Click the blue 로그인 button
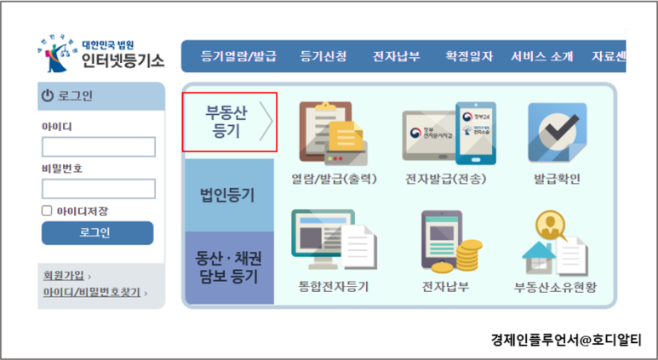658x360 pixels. click(x=97, y=233)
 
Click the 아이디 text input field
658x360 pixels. click(x=98, y=146)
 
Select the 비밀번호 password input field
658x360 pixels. click(x=98, y=189)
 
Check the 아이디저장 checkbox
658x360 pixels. click(x=48, y=210)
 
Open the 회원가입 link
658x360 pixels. click(x=64, y=275)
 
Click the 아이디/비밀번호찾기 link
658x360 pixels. click(x=92, y=292)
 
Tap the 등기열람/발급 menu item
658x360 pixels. click(x=238, y=56)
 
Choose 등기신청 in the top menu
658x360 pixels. click(x=323, y=56)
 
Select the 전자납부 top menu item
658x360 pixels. click(x=396, y=56)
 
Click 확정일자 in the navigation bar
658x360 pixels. click(x=469, y=56)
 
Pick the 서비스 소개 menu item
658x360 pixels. click(x=542, y=56)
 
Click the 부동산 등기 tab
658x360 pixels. click(x=229, y=123)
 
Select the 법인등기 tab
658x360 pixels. click(x=228, y=195)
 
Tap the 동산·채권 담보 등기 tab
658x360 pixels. click(x=228, y=267)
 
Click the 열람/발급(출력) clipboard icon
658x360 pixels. click(x=331, y=133)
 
